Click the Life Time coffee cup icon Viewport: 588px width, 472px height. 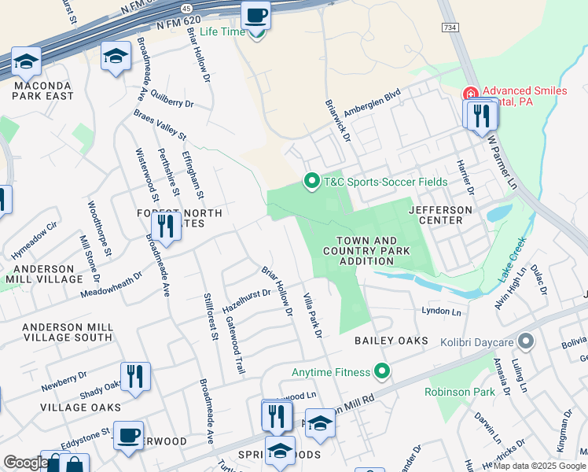coord(255,17)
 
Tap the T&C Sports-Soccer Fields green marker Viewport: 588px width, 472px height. coord(312,182)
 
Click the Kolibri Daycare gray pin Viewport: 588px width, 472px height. coord(526,341)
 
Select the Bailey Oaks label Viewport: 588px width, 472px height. coord(391,341)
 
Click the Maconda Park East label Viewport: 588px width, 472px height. coord(42,90)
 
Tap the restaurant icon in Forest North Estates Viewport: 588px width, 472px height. coord(165,227)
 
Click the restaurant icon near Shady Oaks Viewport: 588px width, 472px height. coord(135,377)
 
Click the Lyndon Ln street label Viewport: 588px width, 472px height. coord(441,312)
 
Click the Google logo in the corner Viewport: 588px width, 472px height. coord(26,463)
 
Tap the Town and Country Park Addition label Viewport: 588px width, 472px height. coord(366,251)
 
